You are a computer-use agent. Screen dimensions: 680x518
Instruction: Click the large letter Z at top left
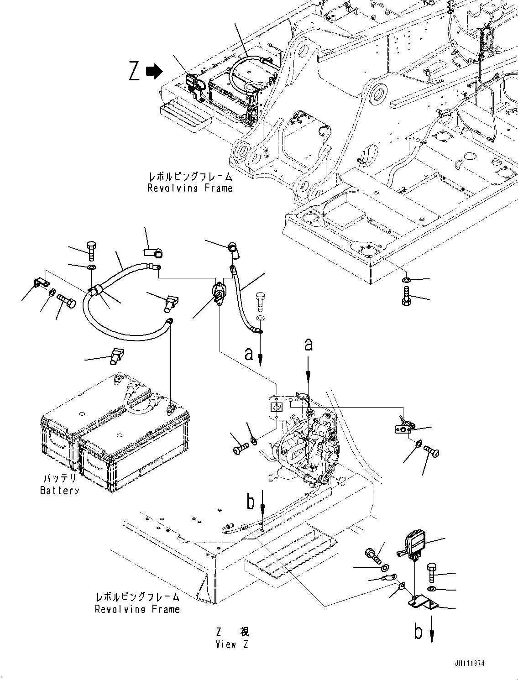(x=134, y=72)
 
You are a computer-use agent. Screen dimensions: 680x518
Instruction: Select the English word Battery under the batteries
(x=59, y=491)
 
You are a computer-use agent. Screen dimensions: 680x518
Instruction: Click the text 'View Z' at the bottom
(x=232, y=644)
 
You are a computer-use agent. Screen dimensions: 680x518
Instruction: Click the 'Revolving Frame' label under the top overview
(x=189, y=188)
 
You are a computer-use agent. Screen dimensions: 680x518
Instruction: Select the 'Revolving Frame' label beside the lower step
(x=137, y=609)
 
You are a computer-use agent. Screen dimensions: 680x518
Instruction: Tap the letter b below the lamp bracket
(x=419, y=632)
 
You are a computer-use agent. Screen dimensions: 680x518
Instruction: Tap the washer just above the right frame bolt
(x=406, y=280)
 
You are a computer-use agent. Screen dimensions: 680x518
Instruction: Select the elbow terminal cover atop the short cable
(x=233, y=248)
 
